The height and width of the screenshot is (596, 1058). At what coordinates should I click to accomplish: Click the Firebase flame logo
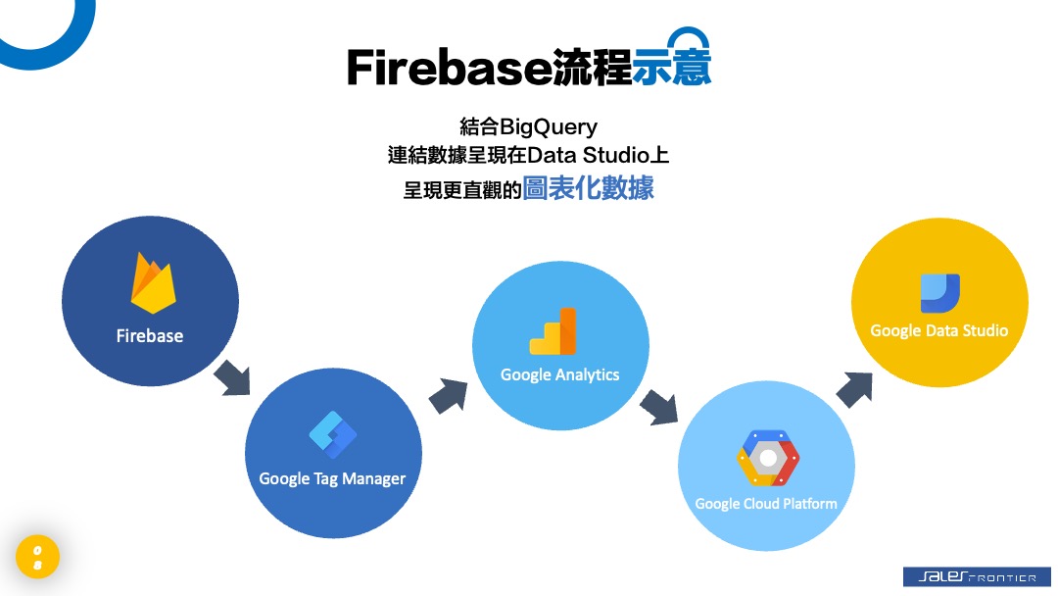[x=153, y=283]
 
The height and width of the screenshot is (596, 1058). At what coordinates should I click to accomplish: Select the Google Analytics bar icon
[x=553, y=331]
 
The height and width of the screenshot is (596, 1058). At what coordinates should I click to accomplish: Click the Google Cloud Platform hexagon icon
[x=767, y=458]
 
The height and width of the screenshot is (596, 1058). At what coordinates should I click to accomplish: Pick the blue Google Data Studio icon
[x=939, y=292]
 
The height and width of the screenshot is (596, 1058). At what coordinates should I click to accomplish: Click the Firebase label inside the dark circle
[x=150, y=335]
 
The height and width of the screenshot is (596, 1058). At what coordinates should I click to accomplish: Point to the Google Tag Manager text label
[x=332, y=478]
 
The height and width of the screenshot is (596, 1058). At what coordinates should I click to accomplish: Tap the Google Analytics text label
[x=559, y=374]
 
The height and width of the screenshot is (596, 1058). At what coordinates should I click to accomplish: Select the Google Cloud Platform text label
[x=766, y=503]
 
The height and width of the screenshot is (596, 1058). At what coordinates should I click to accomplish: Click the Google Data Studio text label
[x=938, y=330]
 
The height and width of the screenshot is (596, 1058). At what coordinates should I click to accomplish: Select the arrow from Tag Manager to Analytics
[x=448, y=394]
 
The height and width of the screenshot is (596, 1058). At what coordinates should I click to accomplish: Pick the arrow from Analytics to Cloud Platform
[x=658, y=405]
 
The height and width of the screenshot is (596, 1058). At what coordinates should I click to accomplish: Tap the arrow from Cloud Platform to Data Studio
[x=854, y=387]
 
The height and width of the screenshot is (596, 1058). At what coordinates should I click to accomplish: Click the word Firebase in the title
[x=449, y=68]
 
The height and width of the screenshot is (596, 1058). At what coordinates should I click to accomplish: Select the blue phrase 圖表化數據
[x=588, y=188]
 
